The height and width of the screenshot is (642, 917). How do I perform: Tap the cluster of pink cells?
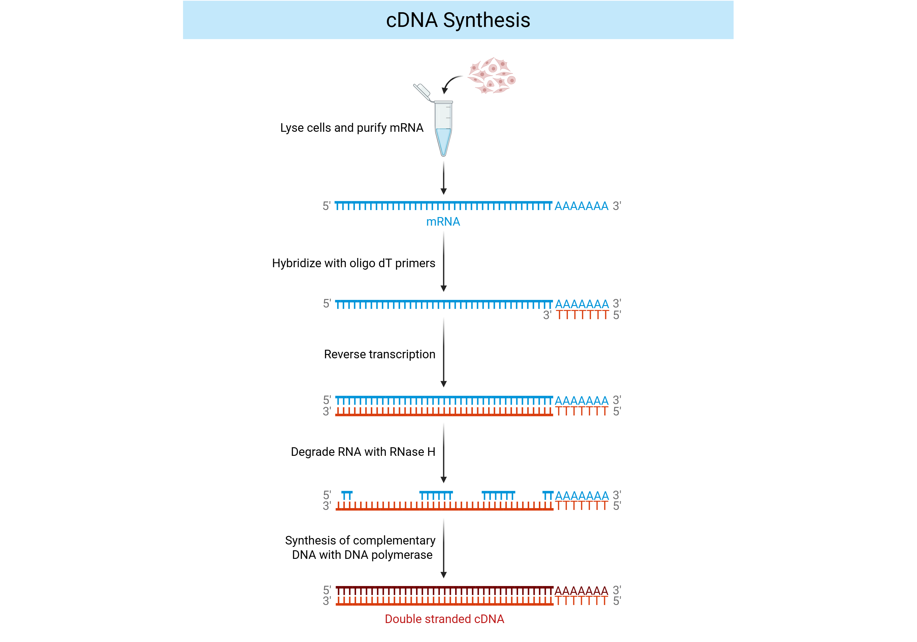pyautogui.click(x=492, y=75)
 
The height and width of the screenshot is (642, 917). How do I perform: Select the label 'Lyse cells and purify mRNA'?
pyautogui.click(x=352, y=128)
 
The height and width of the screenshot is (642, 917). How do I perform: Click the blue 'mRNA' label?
pyautogui.click(x=443, y=222)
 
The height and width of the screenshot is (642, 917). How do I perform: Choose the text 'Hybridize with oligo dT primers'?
pyautogui.click(x=353, y=263)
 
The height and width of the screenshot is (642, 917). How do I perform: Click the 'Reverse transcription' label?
pyautogui.click(x=379, y=354)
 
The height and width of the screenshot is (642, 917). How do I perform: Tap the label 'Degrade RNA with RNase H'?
pyautogui.click(x=363, y=452)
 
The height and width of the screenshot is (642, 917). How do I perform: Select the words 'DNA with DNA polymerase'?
pyautogui.click(x=362, y=555)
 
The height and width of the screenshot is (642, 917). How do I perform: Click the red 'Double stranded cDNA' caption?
pyautogui.click(x=444, y=619)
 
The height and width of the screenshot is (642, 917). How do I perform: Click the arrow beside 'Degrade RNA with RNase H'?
pyautogui.click(x=443, y=453)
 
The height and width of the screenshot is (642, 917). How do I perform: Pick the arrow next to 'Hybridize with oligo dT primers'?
pyautogui.click(x=443, y=262)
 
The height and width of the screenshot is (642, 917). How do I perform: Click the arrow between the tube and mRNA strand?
pyautogui.click(x=443, y=178)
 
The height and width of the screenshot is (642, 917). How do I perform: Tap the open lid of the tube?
pyautogui.click(x=422, y=92)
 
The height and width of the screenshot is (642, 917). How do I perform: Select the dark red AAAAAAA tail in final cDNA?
pyautogui.click(x=581, y=590)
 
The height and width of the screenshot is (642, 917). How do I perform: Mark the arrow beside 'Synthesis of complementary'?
pyautogui.click(x=443, y=548)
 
